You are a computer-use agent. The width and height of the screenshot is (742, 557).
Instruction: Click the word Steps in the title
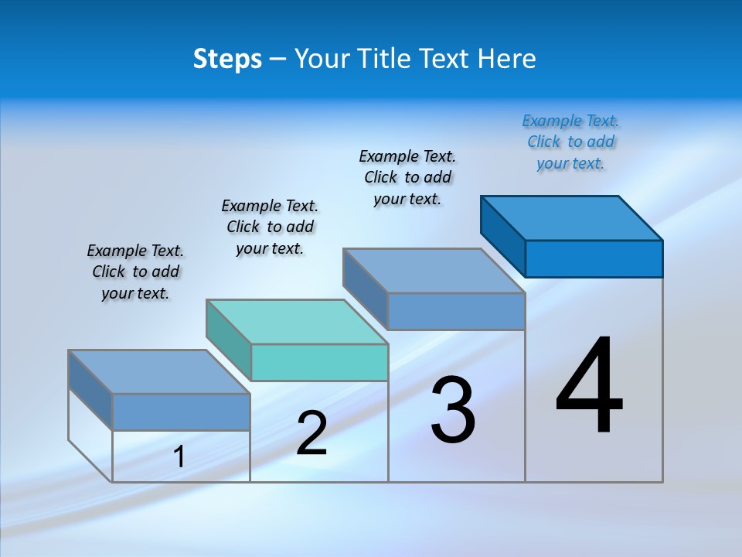(x=227, y=59)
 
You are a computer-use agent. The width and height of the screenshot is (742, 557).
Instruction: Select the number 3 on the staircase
(x=453, y=410)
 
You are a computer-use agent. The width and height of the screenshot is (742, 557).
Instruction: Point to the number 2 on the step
(x=311, y=433)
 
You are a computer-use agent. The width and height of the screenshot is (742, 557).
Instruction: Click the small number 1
(x=179, y=457)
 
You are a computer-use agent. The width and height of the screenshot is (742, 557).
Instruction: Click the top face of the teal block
(x=298, y=322)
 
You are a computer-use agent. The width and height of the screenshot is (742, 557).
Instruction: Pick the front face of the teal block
(x=319, y=362)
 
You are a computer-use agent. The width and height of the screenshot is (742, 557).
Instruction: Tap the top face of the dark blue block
(x=572, y=218)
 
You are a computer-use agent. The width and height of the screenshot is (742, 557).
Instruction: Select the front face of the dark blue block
(x=594, y=258)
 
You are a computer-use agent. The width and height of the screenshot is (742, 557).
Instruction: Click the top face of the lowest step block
(x=159, y=372)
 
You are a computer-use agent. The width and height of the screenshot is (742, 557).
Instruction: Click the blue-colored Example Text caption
(x=570, y=142)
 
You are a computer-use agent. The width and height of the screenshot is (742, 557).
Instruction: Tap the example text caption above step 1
(x=135, y=272)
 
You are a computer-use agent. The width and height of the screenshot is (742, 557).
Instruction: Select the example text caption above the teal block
(x=270, y=227)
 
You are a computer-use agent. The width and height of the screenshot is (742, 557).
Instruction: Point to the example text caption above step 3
(x=407, y=177)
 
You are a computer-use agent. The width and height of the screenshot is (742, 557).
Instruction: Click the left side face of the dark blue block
(x=502, y=235)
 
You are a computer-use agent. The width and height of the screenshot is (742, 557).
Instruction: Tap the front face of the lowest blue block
(x=181, y=412)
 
